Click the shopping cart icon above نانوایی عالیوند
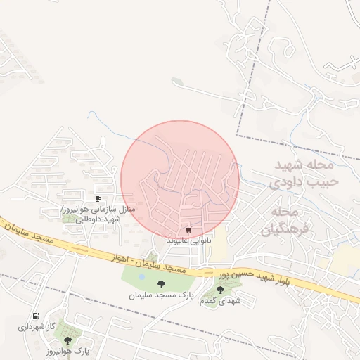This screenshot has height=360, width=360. pos(188,230)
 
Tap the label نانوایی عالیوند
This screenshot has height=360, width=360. pos(188,240)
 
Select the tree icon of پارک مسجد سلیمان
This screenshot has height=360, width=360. pos(162,284)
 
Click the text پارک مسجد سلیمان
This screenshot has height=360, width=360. pos(161,295)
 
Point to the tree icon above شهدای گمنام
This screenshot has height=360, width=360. pos(220,290)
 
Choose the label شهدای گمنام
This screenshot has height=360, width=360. pos(221,300)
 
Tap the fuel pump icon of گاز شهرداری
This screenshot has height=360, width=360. pos(36,317)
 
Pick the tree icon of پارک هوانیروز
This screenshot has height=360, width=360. pos(67,340)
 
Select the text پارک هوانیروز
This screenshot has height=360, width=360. pos(68,351)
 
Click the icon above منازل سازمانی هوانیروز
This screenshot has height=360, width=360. pos(98,198)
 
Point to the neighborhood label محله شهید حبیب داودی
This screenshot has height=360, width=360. pos(304,173)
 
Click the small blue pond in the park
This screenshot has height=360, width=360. pos(143,276)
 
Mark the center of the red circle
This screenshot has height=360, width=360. pos(180,179)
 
